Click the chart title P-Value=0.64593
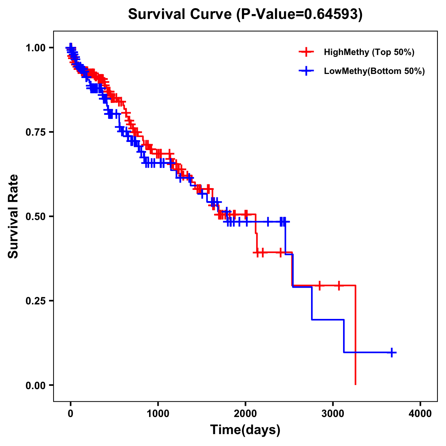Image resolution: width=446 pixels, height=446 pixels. [245, 14]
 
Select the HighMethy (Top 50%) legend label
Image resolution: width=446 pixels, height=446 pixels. [369, 52]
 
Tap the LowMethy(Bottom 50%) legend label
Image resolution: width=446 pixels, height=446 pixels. [374, 71]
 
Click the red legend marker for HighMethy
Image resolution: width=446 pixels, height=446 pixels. [306, 52]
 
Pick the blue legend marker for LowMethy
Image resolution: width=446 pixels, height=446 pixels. [306, 71]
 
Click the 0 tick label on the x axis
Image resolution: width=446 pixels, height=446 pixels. [71, 414]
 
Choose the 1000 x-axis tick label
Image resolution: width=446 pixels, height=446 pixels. [158, 414]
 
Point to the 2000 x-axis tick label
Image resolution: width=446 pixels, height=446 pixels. [245, 414]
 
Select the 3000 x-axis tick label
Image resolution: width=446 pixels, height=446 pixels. [333, 414]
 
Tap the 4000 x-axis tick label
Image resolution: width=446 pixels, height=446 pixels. [420, 414]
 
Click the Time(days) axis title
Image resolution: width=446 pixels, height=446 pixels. [245, 430]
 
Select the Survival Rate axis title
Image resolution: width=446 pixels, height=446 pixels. [14, 216]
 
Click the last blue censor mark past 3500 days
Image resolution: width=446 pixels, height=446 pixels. [392, 352]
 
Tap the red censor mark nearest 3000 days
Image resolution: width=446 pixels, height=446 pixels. [339, 285]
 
